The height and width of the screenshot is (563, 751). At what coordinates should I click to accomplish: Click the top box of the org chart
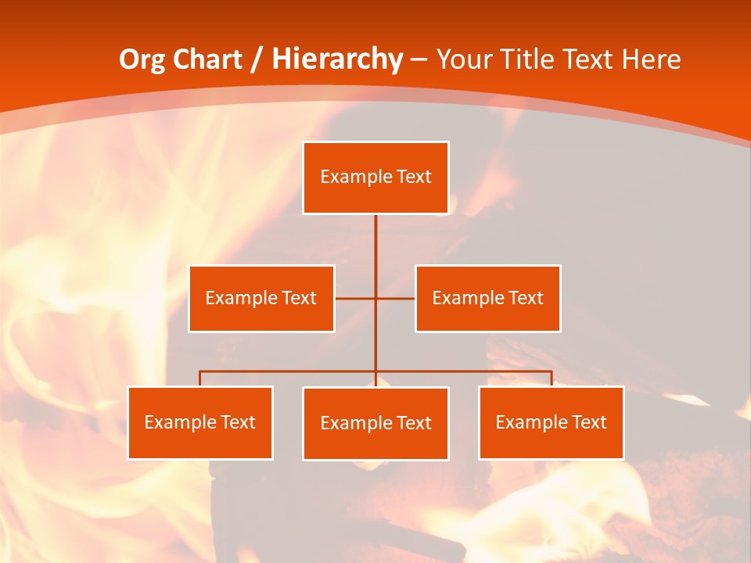click(375, 178)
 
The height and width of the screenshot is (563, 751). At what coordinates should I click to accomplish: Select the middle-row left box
click(261, 298)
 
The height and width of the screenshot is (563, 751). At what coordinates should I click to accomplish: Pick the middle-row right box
click(487, 298)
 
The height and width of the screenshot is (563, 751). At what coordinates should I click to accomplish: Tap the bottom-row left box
click(200, 422)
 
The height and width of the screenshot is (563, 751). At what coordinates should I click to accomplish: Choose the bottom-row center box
click(375, 423)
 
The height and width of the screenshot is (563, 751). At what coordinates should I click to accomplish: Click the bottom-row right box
click(551, 422)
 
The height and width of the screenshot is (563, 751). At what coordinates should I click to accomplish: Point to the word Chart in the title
click(207, 59)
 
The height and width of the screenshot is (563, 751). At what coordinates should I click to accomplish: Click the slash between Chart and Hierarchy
click(256, 59)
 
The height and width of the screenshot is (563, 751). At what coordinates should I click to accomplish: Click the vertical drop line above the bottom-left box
click(200, 378)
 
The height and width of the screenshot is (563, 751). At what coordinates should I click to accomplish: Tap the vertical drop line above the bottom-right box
click(551, 378)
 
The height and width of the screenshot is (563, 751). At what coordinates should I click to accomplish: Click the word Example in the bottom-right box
click(528, 422)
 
